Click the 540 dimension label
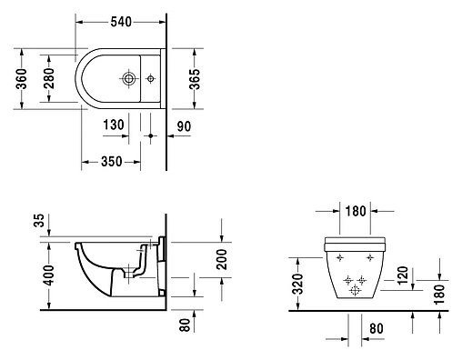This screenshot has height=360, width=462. pos(121,22)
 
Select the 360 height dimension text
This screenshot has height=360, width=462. pos(22,79)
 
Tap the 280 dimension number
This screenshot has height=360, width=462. pos(49,78)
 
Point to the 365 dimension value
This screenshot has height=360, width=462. pos(195,79)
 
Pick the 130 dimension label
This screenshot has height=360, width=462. pos(114,125)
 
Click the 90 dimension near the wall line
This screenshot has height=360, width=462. pos(184,126)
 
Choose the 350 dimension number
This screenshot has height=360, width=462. pos(112,162)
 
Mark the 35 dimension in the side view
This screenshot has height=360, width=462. pos(39,220)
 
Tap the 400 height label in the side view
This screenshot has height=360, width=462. pos(48,275)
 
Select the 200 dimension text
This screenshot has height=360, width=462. pos(222,259)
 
